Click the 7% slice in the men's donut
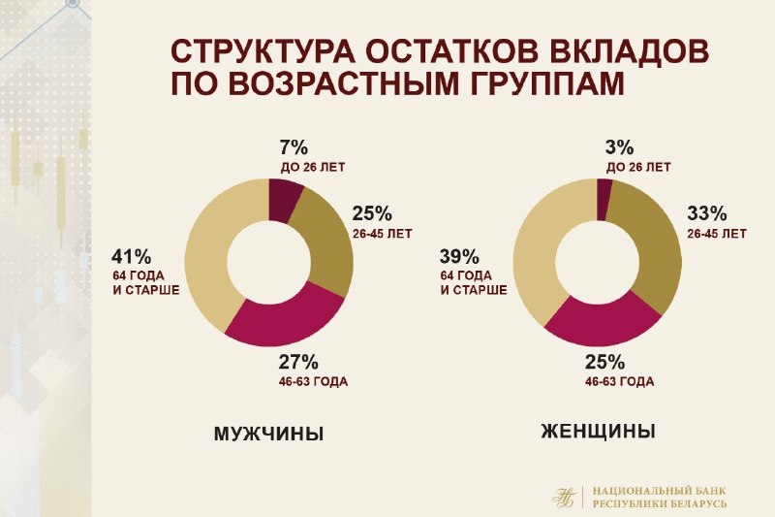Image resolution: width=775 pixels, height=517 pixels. pos(283,201)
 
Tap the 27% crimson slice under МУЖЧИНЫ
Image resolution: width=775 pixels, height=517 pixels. pos(285,317)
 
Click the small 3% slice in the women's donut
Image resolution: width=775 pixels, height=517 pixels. pos(604,200)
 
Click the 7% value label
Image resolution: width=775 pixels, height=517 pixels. pos(294,147)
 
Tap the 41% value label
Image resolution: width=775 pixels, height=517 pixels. pos(131,257)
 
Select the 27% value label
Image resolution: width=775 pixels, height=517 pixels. pos(298,363)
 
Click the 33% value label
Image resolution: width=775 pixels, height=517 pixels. pos(707,213)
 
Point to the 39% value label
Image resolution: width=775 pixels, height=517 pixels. pos(459,257)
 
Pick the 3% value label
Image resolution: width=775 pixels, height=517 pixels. pos(619,147)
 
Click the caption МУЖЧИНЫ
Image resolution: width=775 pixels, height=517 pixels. pos(269,434)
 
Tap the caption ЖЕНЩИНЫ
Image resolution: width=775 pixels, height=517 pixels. pos(598,432)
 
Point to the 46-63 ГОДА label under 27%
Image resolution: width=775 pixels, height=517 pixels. pos(313,382)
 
